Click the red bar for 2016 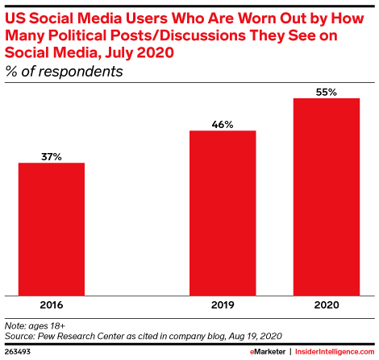click(52, 230)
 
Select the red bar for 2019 click(223, 213)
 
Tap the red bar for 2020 click(327, 197)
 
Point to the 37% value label click(52, 157)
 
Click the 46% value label click(223, 125)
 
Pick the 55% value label click(327, 93)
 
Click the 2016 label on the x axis click(52, 305)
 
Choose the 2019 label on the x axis click(223, 305)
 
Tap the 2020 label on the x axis click(327, 305)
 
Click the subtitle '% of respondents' click(64, 72)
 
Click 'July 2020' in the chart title click(140, 53)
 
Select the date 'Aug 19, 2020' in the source click(256, 337)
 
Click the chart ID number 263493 click(18, 352)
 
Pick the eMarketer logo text click(268, 352)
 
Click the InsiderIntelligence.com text click(335, 352)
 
